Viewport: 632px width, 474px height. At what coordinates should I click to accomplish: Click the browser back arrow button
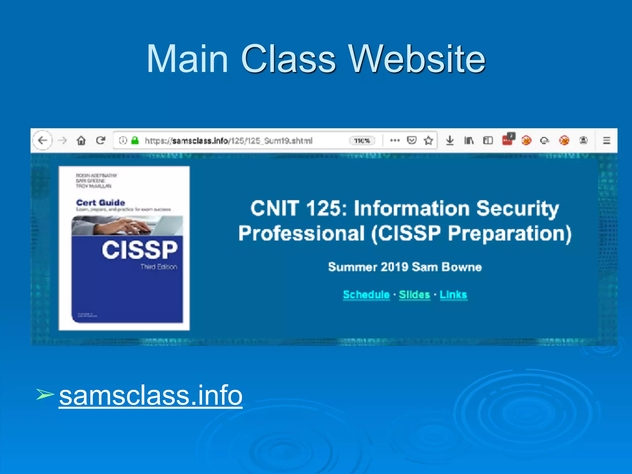click(43, 141)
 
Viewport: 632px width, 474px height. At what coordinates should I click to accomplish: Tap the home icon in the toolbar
click(81, 141)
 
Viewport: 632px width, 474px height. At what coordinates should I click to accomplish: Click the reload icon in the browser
click(101, 141)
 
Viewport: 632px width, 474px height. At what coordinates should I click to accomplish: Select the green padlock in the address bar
click(135, 141)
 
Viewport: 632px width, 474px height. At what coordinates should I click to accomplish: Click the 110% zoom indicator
click(362, 141)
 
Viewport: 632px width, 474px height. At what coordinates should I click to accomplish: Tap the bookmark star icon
click(428, 141)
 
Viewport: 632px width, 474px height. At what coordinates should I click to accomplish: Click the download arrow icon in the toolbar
click(450, 141)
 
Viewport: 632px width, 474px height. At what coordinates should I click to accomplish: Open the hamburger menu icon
click(606, 141)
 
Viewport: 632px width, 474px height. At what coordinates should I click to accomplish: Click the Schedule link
click(366, 295)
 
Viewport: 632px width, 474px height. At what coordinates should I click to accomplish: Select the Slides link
click(414, 295)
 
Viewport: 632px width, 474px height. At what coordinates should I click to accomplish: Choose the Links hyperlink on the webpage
click(453, 295)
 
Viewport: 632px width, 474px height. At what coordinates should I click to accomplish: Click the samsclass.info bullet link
click(151, 396)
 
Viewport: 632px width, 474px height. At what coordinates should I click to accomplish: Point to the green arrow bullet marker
click(45, 394)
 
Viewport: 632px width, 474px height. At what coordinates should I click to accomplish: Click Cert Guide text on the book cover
click(101, 203)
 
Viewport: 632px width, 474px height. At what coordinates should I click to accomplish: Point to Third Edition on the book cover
click(159, 267)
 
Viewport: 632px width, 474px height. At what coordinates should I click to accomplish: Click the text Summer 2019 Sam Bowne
click(405, 267)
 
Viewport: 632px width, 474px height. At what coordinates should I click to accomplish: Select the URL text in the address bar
click(229, 141)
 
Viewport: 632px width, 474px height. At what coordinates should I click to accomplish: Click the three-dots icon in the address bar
click(395, 141)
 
